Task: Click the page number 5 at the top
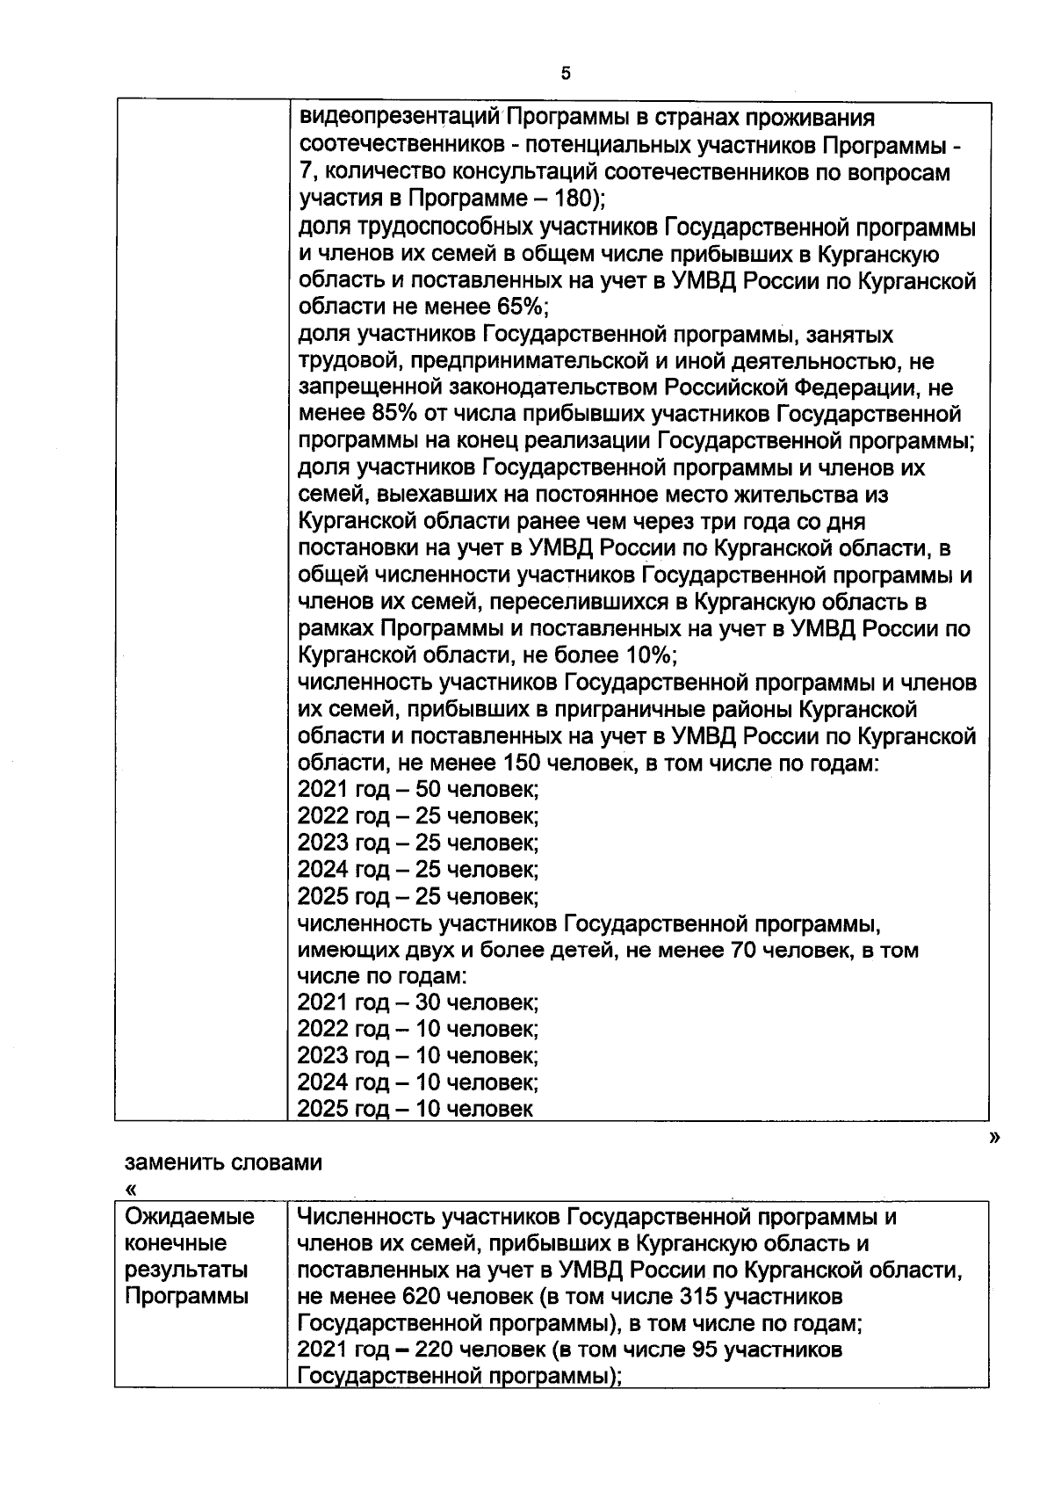tap(566, 74)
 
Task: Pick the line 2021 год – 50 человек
tap(418, 789)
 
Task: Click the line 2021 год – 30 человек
tap(418, 1002)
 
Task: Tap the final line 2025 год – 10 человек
tap(415, 1109)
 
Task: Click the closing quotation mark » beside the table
tap(994, 1138)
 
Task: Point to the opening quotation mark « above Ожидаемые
tap(132, 1191)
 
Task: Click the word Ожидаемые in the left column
tap(190, 1217)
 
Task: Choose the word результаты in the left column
tap(186, 1270)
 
